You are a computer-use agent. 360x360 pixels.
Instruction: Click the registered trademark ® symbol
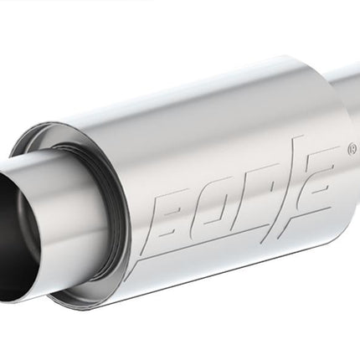352,149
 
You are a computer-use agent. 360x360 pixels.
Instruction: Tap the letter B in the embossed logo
172,213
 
